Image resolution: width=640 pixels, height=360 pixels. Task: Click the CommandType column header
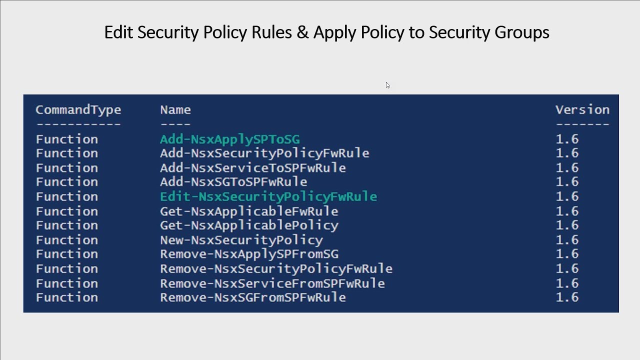[x=78, y=110]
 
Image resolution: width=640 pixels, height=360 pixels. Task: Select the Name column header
[x=175, y=110]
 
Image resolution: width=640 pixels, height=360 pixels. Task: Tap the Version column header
[x=582, y=110]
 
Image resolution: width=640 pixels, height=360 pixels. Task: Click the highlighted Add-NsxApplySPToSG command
[x=229, y=139]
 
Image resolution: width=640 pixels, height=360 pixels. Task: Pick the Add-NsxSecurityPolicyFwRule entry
[x=264, y=153]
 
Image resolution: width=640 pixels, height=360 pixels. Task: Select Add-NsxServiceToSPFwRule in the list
[x=252, y=167]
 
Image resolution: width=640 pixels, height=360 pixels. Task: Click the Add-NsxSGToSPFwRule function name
[x=233, y=181]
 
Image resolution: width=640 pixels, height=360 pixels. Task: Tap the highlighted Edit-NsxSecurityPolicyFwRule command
[x=268, y=196]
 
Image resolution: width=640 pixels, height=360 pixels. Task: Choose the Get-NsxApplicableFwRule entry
[x=249, y=211]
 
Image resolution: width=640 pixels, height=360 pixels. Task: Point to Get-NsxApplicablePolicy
[x=249, y=225]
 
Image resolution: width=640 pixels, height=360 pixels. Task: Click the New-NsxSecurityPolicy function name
[x=241, y=240]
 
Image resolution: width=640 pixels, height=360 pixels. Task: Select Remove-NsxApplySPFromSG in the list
[x=249, y=254]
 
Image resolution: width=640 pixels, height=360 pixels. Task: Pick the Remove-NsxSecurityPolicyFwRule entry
[x=276, y=268]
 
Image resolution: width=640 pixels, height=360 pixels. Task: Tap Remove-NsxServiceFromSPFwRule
[x=272, y=283]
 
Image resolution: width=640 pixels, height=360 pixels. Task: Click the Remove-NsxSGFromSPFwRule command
[x=252, y=297]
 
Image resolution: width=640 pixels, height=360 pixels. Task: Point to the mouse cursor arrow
[x=387, y=85]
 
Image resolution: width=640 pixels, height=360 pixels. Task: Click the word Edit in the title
[x=118, y=32]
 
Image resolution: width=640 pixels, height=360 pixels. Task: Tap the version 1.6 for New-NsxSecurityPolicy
[x=567, y=240]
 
